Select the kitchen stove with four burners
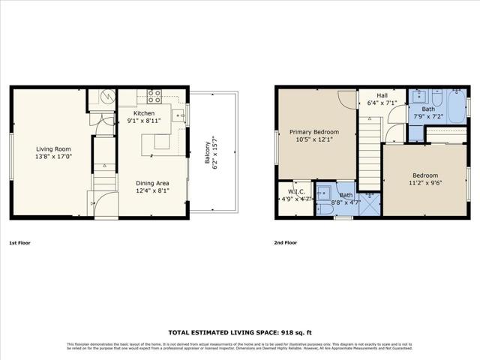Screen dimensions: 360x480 click(x=154, y=95)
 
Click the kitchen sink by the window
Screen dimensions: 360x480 click(x=178, y=115)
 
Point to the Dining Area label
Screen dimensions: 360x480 click(x=151, y=182)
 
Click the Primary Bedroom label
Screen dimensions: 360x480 click(x=314, y=132)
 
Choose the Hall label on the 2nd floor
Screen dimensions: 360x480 click(x=382, y=96)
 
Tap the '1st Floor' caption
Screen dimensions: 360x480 click(x=20, y=243)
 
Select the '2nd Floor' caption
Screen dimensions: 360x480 click(x=285, y=243)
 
